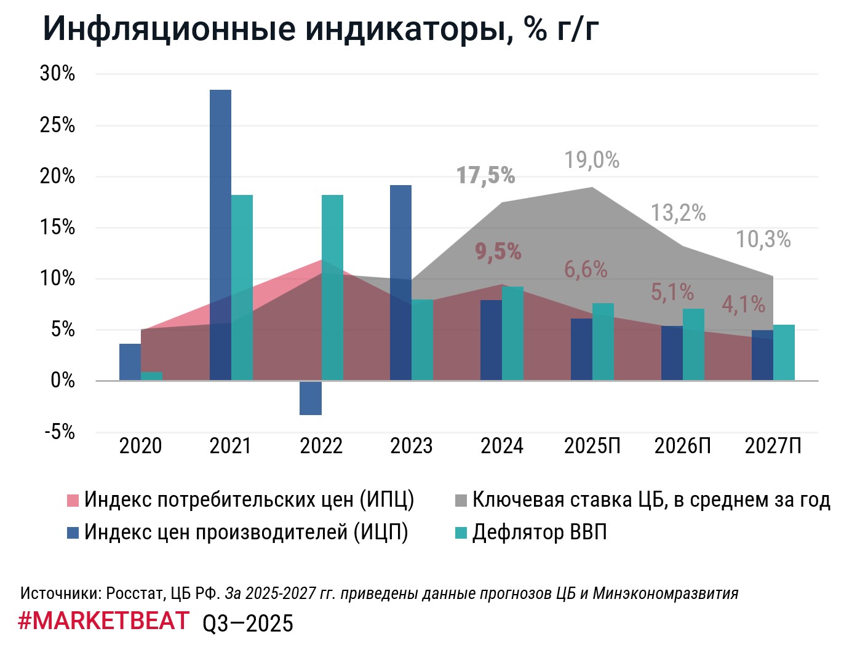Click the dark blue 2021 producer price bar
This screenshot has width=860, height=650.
220,234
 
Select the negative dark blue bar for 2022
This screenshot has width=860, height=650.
311,398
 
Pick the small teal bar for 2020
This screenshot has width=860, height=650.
151,376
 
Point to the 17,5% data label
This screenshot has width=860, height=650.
486,176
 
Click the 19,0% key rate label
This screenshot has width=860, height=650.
592,161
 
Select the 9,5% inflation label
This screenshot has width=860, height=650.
498,252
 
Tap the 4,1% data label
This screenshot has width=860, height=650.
743,304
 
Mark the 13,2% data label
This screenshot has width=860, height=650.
678,213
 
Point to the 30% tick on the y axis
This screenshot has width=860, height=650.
57,74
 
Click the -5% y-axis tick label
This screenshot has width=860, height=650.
60,432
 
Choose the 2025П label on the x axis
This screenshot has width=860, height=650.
592,446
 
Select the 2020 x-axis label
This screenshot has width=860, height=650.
140,446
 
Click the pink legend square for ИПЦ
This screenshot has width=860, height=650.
73,501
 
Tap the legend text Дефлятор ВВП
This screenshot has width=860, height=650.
539,533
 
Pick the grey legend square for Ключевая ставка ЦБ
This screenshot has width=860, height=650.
461,501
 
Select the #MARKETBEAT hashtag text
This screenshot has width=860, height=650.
104,621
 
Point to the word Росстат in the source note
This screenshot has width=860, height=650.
133,594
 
